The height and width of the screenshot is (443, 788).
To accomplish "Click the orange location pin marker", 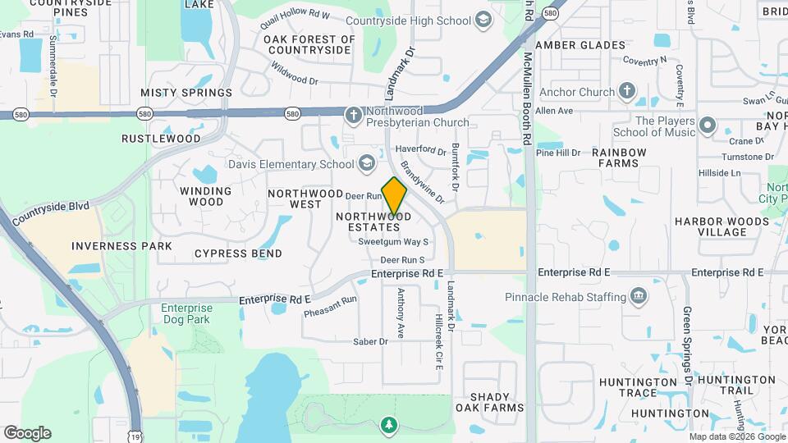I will [x=394, y=195].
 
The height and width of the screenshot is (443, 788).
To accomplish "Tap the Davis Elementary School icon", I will [x=366, y=164].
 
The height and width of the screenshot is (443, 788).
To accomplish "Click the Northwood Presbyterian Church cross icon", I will [x=353, y=116].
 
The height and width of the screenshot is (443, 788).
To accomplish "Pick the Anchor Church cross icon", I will [x=627, y=91].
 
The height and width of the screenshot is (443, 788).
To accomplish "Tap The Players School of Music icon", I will [x=708, y=126].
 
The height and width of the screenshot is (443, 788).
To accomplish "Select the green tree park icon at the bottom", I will [x=388, y=425].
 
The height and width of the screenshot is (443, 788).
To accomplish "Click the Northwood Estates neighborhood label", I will [x=367, y=221].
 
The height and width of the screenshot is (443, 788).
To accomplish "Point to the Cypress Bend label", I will [x=238, y=253].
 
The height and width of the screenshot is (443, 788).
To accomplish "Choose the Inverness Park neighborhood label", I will [x=121, y=246].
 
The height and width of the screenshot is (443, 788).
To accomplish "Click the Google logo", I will [x=27, y=432].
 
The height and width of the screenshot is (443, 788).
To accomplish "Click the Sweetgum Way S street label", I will [x=394, y=242].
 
